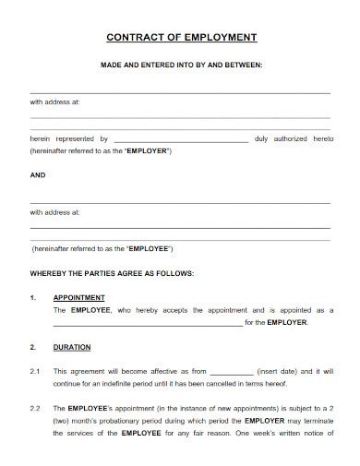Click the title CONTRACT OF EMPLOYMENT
coord(181,38)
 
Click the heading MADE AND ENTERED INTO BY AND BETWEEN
coord(181,65)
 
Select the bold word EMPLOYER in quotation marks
coord(147,150)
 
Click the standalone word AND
coord(38,173)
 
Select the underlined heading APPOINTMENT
coord(78,297)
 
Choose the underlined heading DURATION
coord(71,347)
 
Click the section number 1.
coord(33,297)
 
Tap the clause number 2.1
coord(34,371)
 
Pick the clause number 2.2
coord(34,407)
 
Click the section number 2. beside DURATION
coord(33,347)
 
